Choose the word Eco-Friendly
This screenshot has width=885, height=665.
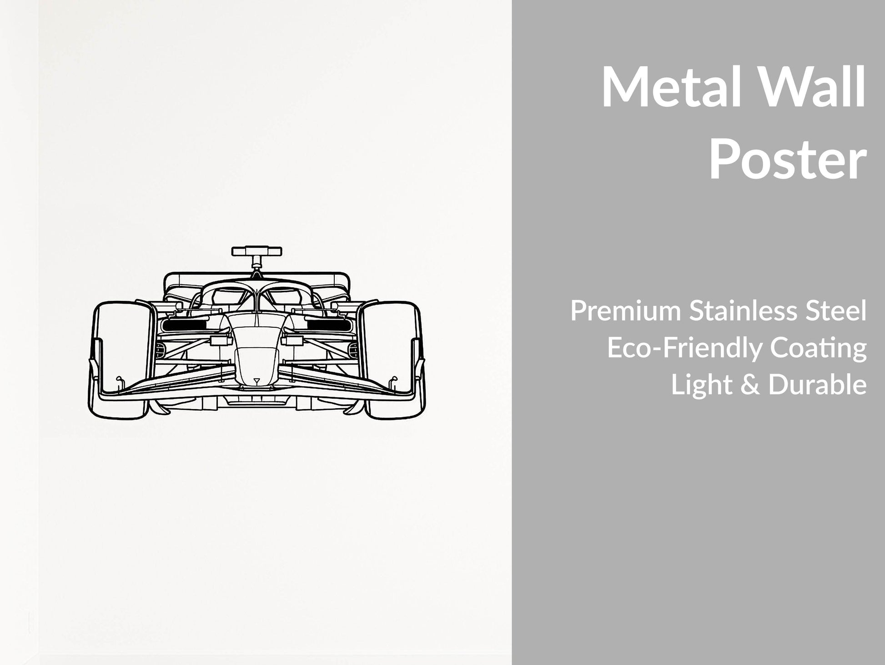685,349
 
